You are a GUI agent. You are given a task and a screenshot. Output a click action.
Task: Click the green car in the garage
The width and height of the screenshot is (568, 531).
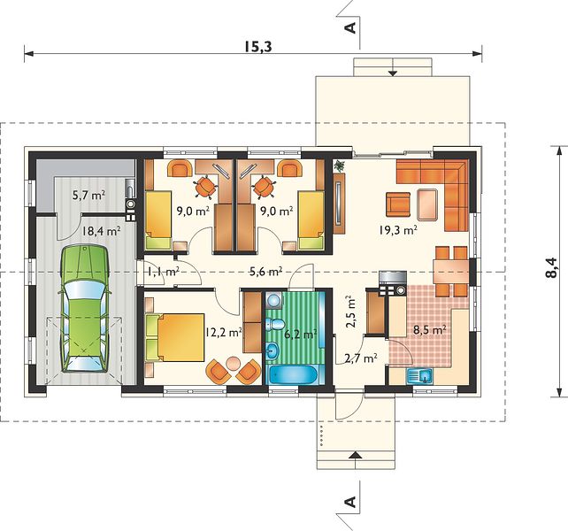pos(86,308)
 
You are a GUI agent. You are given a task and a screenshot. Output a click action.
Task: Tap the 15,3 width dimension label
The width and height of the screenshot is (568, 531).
pos(257,46)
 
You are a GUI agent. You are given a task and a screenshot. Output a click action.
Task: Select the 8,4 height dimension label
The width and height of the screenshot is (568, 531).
pos(550,267)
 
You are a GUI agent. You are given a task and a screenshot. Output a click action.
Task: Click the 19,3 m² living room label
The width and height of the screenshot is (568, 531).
pos(398,230)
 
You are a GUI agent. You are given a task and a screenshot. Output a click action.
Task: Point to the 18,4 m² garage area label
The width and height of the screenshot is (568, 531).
pos(101,231)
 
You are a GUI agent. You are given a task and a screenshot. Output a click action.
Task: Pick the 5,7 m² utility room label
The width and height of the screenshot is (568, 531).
pos(89,196)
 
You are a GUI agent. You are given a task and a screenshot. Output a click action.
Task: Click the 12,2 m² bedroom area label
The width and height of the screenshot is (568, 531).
pos(223,332)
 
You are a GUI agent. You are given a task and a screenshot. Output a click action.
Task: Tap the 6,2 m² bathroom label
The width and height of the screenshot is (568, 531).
pos(300,334)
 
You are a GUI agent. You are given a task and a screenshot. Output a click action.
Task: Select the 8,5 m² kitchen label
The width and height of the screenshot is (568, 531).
pos(429,330)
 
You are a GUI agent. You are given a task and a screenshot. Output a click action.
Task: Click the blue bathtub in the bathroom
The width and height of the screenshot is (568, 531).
pos(294,374)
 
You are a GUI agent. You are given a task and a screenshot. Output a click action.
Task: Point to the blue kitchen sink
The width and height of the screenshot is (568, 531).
pos(419,376)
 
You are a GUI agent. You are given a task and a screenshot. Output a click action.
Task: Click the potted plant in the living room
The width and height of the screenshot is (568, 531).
pos(340,165)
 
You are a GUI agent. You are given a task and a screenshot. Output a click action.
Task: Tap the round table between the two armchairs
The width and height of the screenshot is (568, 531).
pos(234,363)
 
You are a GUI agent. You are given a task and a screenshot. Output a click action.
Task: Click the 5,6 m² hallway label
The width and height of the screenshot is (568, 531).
pos(266,271)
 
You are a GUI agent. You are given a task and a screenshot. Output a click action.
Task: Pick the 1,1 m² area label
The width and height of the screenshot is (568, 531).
pos(164,271)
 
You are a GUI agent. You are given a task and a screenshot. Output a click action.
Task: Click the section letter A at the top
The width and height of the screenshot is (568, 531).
pos(350,27)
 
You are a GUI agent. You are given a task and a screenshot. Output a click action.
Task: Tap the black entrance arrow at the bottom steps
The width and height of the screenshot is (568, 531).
pos(356,455)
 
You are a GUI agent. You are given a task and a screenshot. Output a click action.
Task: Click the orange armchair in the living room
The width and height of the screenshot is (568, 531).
pos(398,204)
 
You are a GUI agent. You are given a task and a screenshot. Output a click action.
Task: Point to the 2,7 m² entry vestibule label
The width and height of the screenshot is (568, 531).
pos(361,358)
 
